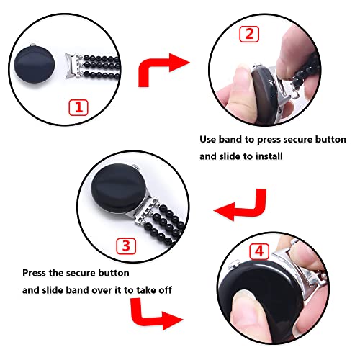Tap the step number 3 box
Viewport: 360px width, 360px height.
coord(127,246)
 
